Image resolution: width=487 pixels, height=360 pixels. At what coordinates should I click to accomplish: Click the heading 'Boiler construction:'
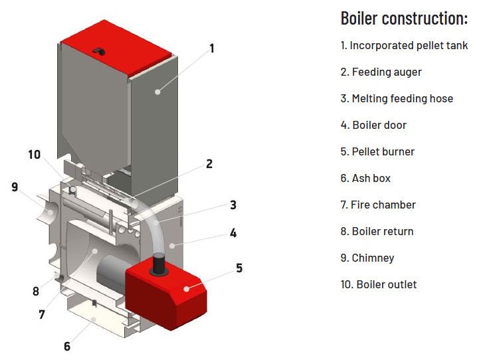pos(404,19)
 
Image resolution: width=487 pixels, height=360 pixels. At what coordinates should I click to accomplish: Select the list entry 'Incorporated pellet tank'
pos(404,46)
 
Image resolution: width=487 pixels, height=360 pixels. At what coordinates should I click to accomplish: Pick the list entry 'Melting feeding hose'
pos(397,98)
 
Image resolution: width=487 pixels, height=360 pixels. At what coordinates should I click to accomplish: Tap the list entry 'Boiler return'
pos(377,231)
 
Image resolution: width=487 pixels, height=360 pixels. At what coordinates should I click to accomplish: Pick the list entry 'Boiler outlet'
pos(379,284)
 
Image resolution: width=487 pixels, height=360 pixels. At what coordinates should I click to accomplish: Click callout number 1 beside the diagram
pos(211,48)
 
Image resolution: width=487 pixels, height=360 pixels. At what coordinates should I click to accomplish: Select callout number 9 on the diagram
pos(15,187)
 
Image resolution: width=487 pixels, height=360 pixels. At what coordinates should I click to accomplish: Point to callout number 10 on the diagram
pos(35,155)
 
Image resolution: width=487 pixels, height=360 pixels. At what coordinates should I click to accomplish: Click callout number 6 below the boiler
pos(66,346)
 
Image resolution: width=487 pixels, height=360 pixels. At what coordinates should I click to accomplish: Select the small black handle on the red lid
pos(98,50)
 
